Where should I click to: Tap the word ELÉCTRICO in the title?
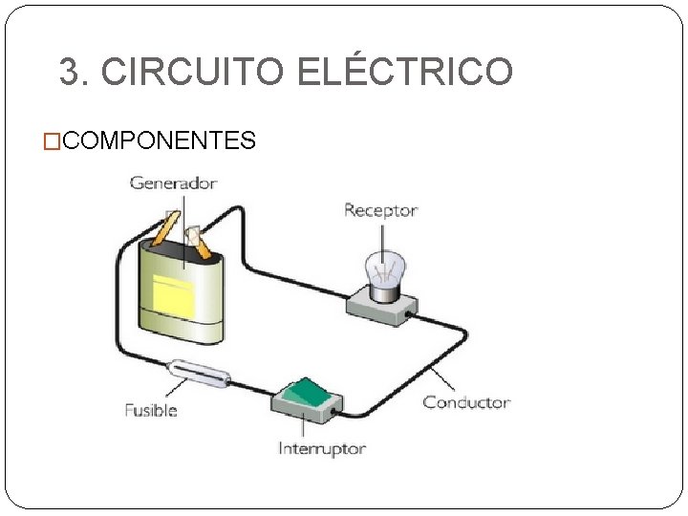pos(405,72)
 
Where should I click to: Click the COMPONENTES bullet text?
pos(161,141)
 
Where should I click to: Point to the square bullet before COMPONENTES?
pos(54,142)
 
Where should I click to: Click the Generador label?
pos(173,183)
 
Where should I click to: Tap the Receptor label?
pos(380,210)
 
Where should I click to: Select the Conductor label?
pos(466,402)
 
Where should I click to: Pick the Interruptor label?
pos(322,447)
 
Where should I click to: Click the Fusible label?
pos(151,410)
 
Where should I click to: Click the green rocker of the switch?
pos(311,390)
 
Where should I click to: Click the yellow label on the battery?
pos(173,297)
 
